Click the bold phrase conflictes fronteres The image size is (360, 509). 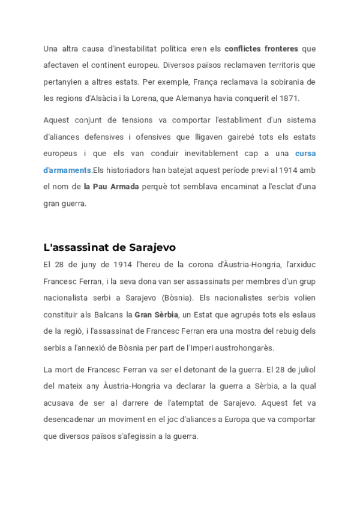coord(262,47)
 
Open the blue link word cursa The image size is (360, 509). coord(305,153)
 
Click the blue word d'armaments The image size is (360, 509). coord(67,170)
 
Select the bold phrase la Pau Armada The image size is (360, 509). coord(111,187)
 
